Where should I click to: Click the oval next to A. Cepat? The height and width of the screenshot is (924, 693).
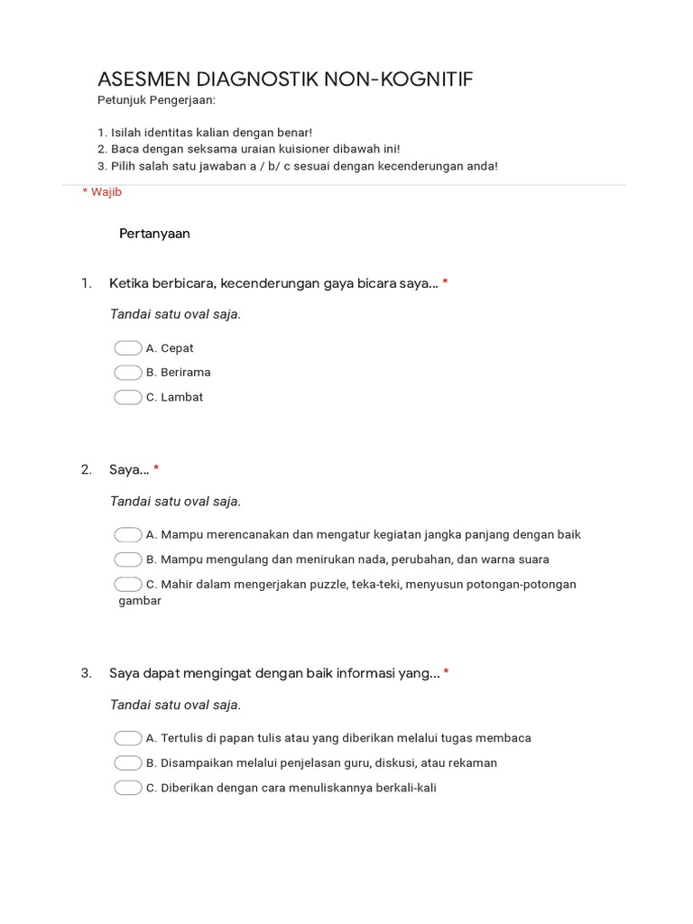click(x=128, y=348)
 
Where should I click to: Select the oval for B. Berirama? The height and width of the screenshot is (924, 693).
click(x=128, y=373)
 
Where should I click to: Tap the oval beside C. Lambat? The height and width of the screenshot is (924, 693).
click(x=128, y=397)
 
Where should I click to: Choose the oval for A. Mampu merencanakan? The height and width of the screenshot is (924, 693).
click(x=128, y=534)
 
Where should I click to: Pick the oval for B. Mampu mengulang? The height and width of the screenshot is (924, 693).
click(x=128, y=559)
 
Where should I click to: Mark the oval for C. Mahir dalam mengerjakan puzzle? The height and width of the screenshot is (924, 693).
click(x=128, y=584)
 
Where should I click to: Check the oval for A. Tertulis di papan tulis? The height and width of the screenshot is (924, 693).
click(x=128, y=738)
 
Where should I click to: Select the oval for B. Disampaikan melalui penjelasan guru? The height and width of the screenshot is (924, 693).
click(x=128, y=762)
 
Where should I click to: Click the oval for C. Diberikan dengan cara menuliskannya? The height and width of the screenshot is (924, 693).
click(x=128, y=788)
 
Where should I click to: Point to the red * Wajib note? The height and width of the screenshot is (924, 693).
click(x=102, y=192)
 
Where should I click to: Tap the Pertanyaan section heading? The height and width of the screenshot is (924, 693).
click(x=154, y=234)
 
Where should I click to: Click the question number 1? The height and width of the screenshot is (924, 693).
click(x=86, y=283)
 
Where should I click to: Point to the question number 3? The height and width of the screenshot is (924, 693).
click(x=86, y=673)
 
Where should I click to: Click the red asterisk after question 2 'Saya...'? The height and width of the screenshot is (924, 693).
click(x=156, y=469)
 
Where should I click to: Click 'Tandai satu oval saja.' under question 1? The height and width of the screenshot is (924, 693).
click(x=175, y=315)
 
